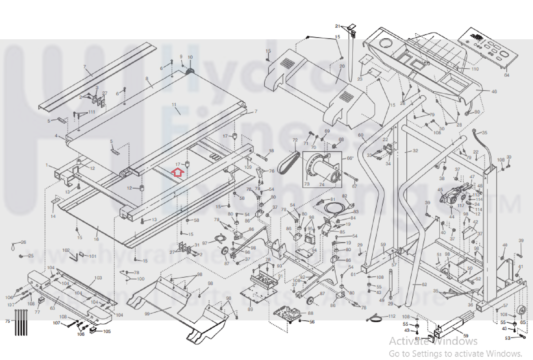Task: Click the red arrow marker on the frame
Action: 178,172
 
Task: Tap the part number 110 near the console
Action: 475,69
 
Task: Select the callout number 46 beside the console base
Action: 494,91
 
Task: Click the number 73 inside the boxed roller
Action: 307,184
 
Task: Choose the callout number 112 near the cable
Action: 392,316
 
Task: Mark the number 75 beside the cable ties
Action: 8,321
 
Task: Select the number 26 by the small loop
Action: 23,242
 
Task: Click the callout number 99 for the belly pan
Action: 147,314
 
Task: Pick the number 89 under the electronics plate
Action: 250,309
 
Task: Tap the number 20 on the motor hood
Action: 342,66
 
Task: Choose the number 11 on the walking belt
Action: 174,105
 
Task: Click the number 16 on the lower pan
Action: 96,239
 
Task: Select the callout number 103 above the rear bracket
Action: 98,278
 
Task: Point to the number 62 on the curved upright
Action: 424,284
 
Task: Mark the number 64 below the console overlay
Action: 507,75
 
